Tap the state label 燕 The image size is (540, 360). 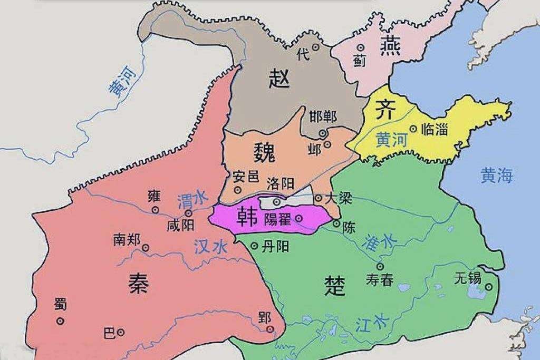(x=390, y=47)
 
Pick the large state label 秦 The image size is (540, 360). (x=139, y=284)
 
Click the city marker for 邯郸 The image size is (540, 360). (x=323, y=133)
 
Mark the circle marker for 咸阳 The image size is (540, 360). (x=189, y=213)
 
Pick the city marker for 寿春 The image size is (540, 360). (x=380, y=266)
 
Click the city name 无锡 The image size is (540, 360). (x=467, y=278)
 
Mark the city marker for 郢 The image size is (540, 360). (x=270, y=329)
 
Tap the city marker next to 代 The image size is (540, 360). (x=315, y=47)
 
